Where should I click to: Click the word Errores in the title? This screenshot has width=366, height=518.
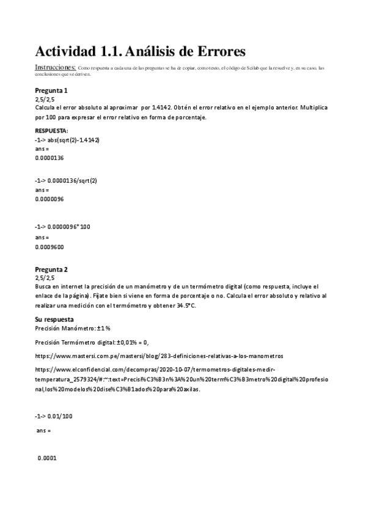coord(216,51)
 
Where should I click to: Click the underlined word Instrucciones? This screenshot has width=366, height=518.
coord(55,67)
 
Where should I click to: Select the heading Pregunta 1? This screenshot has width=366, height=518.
coord(51,90)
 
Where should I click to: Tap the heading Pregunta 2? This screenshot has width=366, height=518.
coord(51,269)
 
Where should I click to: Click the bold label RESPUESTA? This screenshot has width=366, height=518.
coord(51,131)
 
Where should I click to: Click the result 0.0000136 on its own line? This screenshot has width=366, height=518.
coord(49,158)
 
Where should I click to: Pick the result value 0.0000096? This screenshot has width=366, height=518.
coord(49,199)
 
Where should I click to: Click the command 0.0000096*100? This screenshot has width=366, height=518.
coord(68,227)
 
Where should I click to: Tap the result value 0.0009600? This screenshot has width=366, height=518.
coord(49,247)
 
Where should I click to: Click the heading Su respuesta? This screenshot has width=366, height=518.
coord(54,319)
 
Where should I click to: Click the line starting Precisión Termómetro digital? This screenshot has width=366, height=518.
coord(92,342)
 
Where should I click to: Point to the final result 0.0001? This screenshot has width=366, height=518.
coord(47,458)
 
